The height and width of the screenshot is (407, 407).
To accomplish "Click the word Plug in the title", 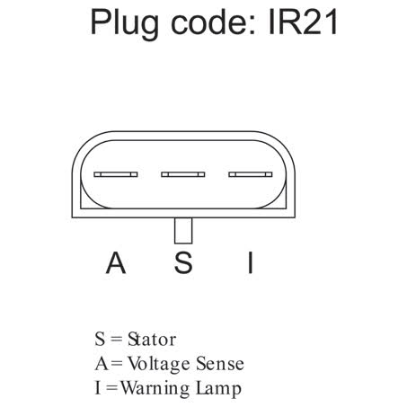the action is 124,23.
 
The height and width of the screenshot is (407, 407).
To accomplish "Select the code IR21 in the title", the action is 303,22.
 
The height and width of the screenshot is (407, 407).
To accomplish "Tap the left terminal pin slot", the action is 116,174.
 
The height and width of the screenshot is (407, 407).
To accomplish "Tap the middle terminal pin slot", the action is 183,174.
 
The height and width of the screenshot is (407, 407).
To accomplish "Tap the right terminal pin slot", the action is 251,174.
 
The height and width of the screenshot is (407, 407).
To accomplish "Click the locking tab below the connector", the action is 183,230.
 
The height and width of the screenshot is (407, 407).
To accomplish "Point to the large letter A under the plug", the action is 116,262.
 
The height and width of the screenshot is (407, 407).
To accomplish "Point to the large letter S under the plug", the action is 183,262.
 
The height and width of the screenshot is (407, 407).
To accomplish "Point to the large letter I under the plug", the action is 251,262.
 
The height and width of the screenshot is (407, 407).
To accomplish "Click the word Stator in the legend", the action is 152,340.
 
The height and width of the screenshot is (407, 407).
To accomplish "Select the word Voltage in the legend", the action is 159,365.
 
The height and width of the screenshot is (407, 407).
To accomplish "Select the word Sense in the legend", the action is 220,364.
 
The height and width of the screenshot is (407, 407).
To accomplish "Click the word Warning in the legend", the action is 155,389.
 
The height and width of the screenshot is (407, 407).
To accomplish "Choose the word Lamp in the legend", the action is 218,389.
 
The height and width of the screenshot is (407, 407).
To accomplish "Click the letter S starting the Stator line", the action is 100,340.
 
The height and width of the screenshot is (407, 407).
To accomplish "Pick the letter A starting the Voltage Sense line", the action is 102,364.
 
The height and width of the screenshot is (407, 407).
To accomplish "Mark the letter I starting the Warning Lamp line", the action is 97,388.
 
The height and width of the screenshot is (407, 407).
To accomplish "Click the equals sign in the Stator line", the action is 117,340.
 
